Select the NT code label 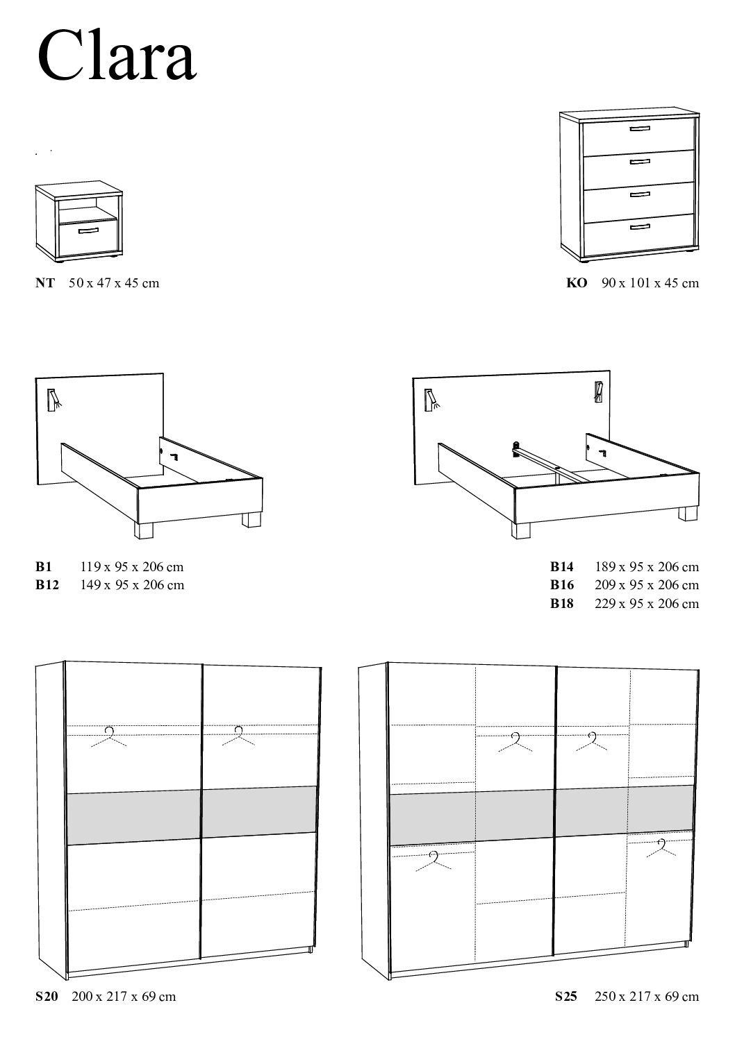click(x=45, y=283)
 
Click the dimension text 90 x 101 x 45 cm click(x=650, y=283)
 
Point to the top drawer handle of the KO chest click(x=640, y=130)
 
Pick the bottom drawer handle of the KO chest click(x=640, y=226)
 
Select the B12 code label click(x=47, y=585)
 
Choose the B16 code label click(x=562, y=585)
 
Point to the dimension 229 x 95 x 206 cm click(x=647, y=604)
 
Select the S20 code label click(x=47, y=997)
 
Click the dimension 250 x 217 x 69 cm click(x=647, y=997)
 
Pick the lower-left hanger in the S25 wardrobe click(x=435, y=861)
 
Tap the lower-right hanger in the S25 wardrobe click(x=662, y=848)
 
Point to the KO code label click(x=577, y=283)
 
